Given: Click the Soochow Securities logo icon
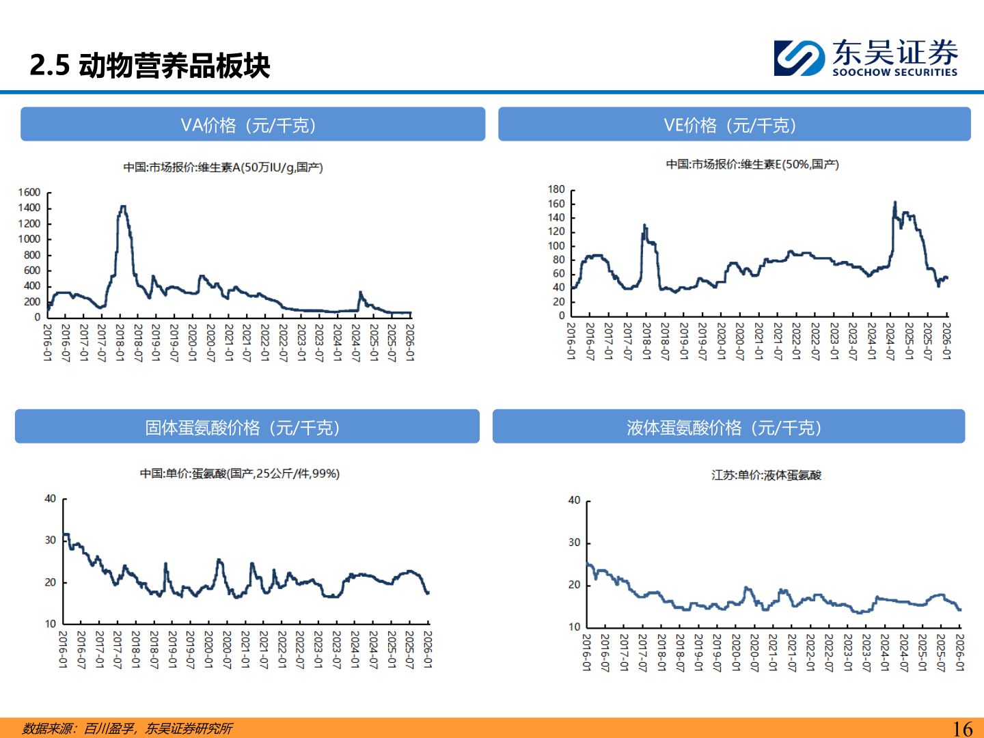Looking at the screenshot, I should [x=798, y=58].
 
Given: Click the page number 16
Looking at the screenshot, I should [x=962, y=728].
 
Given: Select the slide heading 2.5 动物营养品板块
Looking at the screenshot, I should [x=150, y=66].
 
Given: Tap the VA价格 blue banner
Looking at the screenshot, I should [x=252, y=124].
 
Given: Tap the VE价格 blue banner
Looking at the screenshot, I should [x=734, y=124].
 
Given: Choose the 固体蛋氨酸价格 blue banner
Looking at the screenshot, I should [x=247, y=427].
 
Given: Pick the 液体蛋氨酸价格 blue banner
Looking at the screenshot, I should [x=728, y=427].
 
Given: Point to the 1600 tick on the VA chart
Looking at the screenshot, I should [x=29, y=193].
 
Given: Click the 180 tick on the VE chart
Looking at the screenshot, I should [x=556, y=189].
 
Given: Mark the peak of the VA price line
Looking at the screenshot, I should [x=123, y=206].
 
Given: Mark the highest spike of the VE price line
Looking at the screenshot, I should [x=894, y=203].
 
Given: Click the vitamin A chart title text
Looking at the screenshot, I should [x=223, y=167].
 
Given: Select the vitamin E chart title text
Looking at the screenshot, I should [x=752, y=164].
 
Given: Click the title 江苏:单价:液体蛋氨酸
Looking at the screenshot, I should [x=766, y=475].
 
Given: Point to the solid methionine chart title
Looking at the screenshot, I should [x=239, y=474].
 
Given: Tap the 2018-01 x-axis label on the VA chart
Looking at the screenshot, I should [x=120, y=342].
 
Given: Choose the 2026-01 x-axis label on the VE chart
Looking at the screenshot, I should [x=946, y=341].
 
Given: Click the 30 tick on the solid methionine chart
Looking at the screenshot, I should [x=51, y=540].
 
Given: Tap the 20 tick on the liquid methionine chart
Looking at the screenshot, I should [x=574, y=585].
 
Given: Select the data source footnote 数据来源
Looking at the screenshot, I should [x=127, y=728].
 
